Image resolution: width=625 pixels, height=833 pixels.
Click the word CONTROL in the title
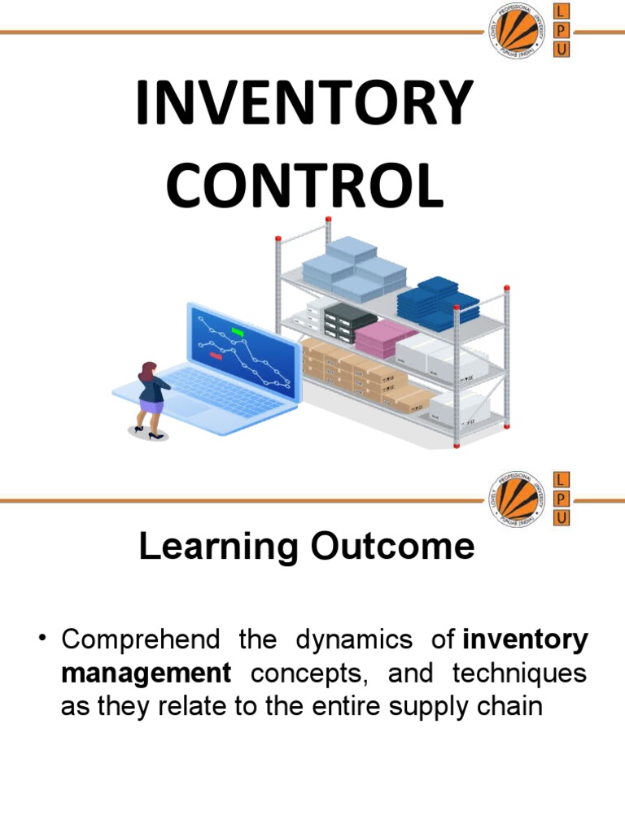305,185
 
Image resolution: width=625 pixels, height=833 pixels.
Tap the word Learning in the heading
214,547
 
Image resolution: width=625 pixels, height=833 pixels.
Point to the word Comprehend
140,641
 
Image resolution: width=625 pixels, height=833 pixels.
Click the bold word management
146,674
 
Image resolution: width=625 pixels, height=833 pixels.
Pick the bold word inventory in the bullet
524,640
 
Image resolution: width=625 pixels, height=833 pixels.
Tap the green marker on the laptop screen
238,332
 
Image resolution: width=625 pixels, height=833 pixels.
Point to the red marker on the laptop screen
216,356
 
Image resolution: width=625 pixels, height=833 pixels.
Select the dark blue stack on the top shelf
437,301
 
